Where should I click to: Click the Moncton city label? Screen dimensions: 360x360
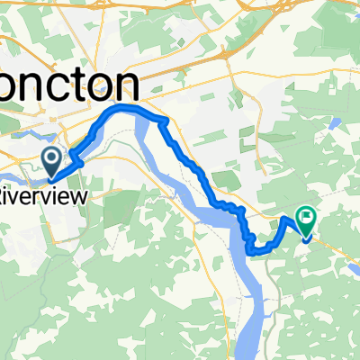pos(68,87)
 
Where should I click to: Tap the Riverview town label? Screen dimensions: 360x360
pos(37,193)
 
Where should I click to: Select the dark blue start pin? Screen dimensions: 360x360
pos(52,162)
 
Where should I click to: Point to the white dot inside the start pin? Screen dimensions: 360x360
pos(52,159)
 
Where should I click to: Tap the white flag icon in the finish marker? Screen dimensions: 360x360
pos(307,216)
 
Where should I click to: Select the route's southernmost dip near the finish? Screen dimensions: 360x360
pos(256,252)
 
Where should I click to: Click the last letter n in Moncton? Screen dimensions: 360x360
pos(130,88)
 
